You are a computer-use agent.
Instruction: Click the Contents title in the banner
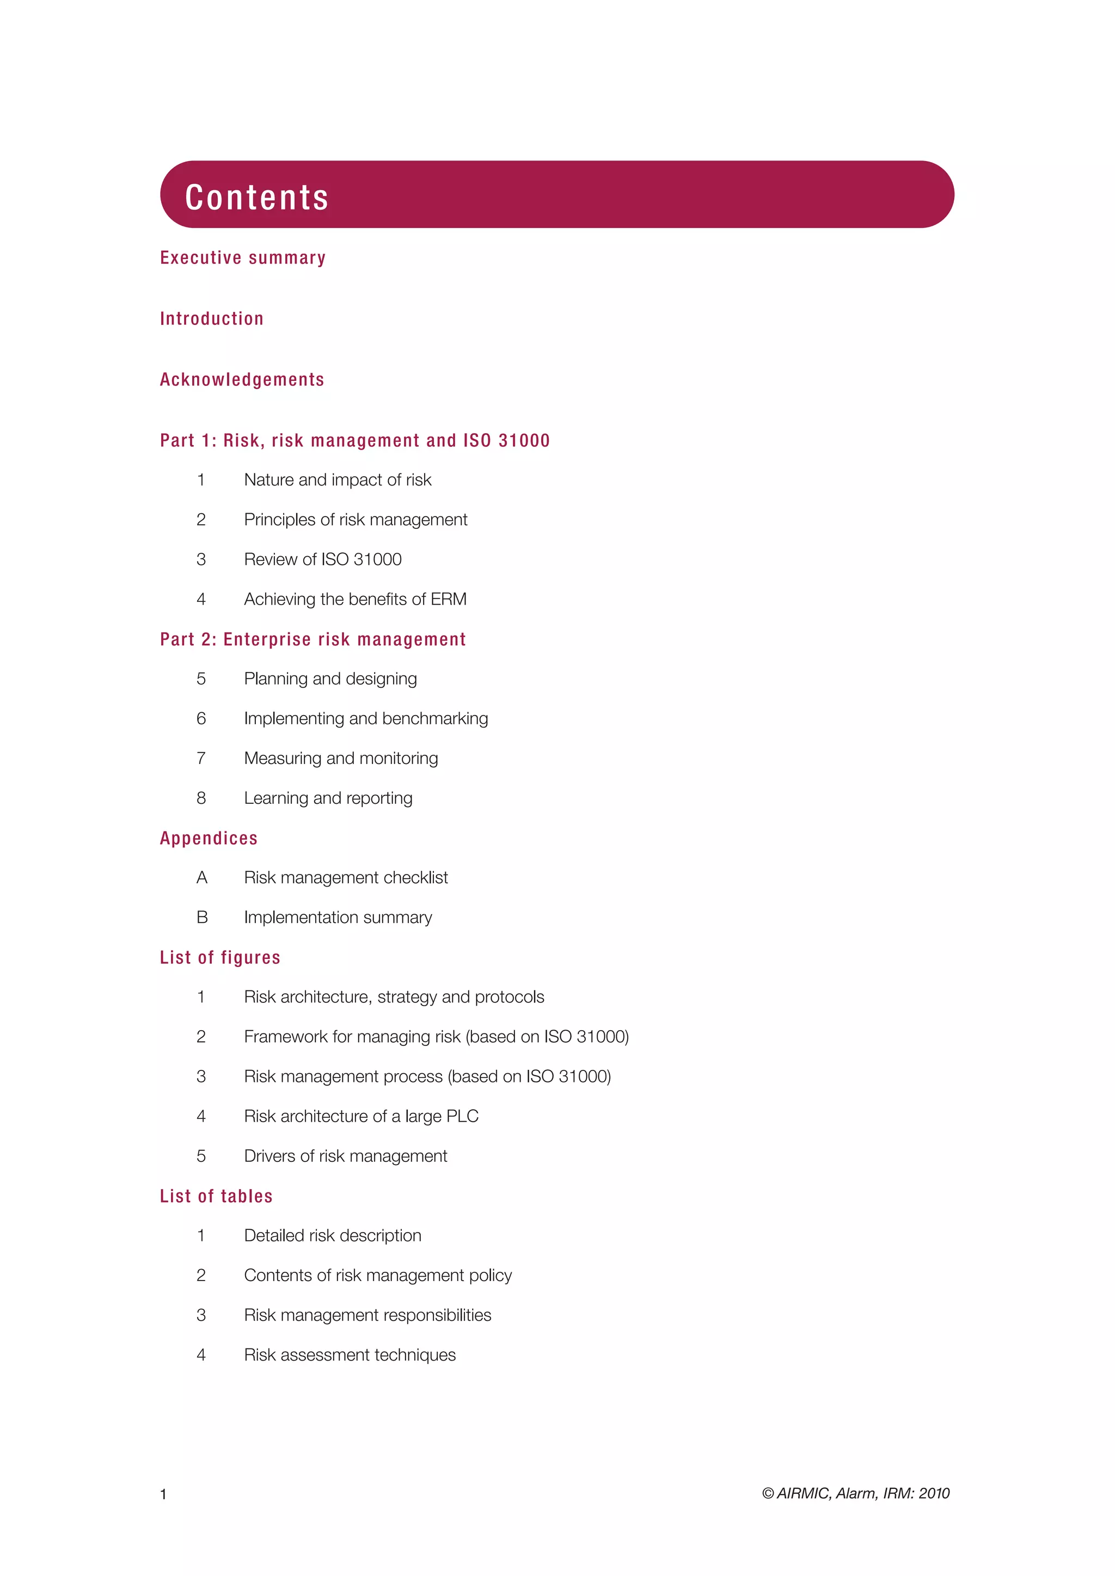click(x=257, y=198)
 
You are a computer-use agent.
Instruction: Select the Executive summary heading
click(x=242, y=258)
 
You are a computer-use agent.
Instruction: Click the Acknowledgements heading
click(x=242, y=380)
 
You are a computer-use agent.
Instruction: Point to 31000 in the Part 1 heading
click(x=524, y=441)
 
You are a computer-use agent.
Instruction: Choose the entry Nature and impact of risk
click(x=337, y=480)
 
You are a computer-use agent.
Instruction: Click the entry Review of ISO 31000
click(x=323, y=559)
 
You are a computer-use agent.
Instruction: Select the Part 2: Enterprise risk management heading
click(x=313, y=640)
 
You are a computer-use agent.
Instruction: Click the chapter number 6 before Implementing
click(x=201, y=719)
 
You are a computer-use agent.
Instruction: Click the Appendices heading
click(x=209, y=838)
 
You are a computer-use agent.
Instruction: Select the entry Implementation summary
click(x=338, y=918)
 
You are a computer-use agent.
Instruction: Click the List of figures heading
click(x=220, y=958)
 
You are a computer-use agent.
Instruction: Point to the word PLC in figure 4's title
click(x=461, y=1117)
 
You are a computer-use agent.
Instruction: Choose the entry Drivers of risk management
click(x=345, y=1156)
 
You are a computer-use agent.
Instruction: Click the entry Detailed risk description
click(x=332, y=1235)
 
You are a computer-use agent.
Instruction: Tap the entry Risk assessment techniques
click(x=350, y=1355)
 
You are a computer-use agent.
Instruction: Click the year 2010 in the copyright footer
click(x=934, y=1494)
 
